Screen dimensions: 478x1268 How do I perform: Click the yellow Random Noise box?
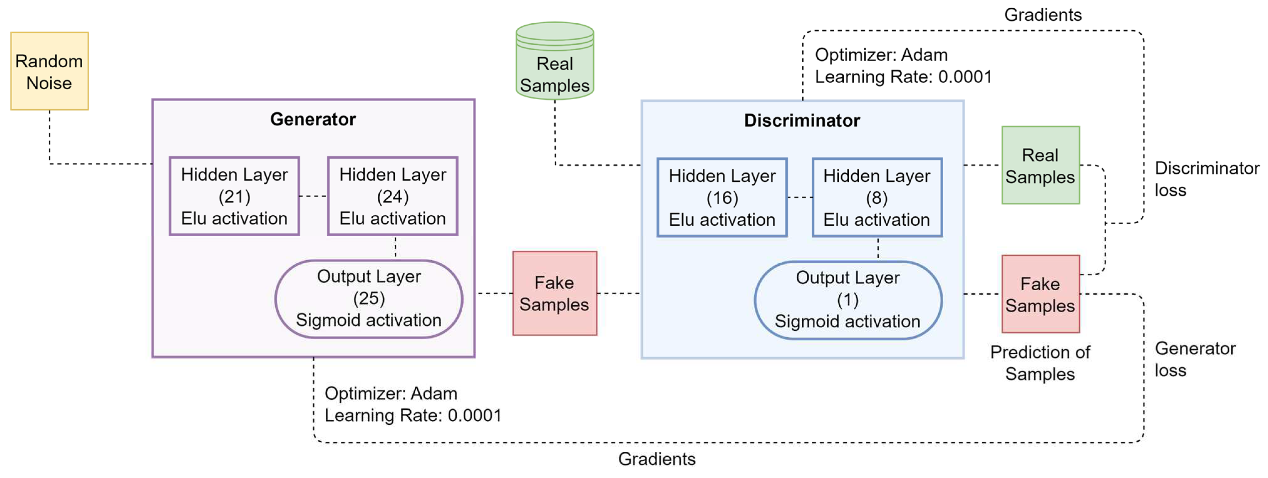(x=49, y=71)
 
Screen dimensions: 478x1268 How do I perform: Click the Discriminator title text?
(x=801, y=120)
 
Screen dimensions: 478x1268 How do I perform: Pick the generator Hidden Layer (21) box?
(x=234, y=196)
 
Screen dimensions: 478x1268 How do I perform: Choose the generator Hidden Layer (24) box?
(x=392, y=196)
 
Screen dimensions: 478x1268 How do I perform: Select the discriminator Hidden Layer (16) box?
(x=722, y=198)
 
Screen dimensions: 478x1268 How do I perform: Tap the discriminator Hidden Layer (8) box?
(x=877, y=198)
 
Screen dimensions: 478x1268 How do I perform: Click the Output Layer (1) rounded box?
(x=848, y=300)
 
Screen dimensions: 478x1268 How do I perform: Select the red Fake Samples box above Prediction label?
(x=1040, y=294)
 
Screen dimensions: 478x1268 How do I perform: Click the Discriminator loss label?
(x=1206, y=179)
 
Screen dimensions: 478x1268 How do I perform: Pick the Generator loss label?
(x=1195, y=359)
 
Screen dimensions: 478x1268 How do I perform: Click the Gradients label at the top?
(x=1043, y=15)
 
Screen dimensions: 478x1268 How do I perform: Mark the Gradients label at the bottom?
(x=656, y=459)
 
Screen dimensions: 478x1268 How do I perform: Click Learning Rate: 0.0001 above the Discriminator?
(x=903, y=77)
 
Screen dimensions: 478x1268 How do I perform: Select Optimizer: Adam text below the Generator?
(x=390, y=393)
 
